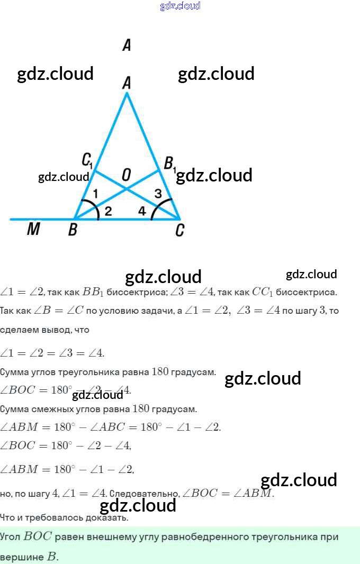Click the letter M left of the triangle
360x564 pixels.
33,230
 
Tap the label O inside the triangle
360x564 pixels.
126,175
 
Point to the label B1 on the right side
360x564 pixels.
169,163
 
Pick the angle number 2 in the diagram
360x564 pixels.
108,211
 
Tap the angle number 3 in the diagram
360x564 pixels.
158,194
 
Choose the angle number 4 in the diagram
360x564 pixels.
142,211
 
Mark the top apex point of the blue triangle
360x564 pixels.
127,93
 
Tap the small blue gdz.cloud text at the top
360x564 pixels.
180,6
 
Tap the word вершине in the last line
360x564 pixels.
21,557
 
